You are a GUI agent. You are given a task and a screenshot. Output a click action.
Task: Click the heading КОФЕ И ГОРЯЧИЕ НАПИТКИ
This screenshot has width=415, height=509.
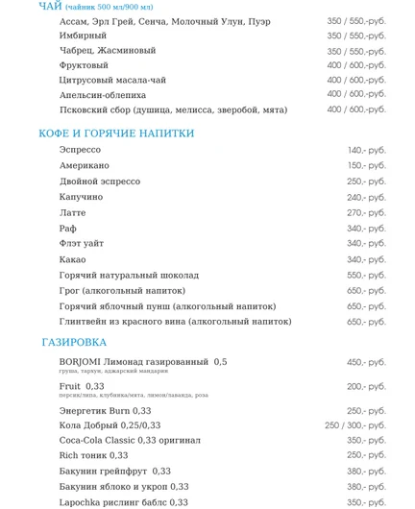116,133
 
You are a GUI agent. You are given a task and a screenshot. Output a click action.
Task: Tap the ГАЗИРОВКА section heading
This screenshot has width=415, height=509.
74,342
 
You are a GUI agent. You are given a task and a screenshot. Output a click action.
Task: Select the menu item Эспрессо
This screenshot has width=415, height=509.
80,150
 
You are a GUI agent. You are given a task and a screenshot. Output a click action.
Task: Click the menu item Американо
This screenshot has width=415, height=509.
85,165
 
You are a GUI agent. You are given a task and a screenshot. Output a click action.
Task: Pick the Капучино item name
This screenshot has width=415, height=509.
81,197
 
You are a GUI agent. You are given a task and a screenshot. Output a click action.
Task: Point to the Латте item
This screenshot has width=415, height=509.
72,212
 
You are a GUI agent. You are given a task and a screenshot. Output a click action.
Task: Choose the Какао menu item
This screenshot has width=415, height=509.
72,259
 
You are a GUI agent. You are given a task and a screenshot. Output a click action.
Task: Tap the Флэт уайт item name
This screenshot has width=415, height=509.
82,244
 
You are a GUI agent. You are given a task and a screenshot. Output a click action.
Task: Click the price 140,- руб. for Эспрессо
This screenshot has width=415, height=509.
366,150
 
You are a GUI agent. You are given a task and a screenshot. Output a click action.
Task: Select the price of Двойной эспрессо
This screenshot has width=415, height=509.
366,182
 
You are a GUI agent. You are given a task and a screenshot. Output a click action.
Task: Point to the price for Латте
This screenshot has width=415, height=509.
366,212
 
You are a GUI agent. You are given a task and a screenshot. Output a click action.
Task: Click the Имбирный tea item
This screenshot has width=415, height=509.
83,36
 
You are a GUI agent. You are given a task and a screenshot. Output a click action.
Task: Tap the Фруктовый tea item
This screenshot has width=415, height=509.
84,65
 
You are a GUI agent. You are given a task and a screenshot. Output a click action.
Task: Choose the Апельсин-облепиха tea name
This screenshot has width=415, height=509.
103,95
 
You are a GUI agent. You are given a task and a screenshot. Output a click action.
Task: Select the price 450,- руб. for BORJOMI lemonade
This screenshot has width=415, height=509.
366,362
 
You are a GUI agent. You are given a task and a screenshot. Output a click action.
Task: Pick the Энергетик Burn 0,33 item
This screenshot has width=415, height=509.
105,410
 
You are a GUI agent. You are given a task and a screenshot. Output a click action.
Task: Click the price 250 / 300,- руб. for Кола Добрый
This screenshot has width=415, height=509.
354,425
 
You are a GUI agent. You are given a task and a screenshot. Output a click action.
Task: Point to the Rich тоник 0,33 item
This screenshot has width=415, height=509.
93,455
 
